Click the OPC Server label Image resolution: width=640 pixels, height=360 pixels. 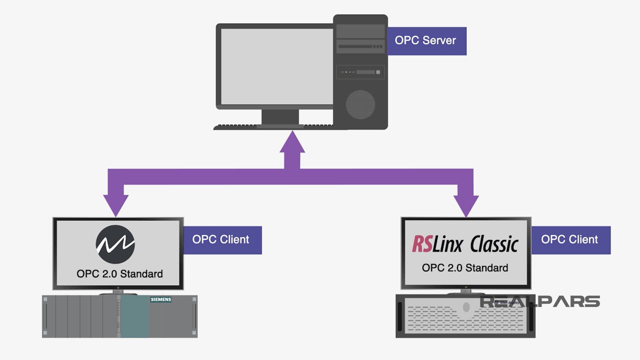[426, 40]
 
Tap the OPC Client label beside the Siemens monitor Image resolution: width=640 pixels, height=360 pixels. [221, 239]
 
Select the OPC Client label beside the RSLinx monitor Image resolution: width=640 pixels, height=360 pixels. [570, 239]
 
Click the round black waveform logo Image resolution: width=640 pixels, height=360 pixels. [115, 244]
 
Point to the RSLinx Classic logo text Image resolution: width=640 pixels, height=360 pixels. [465, 244]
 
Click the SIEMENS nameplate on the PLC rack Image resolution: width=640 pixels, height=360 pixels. [161, 299]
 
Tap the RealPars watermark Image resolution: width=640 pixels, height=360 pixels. [540, 301]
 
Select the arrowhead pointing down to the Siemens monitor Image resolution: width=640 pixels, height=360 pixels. [115, 205]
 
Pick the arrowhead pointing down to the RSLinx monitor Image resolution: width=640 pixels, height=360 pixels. [465, 205]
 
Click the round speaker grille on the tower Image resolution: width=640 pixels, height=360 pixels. [360, 104]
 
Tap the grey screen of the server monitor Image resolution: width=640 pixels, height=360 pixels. [276, 66]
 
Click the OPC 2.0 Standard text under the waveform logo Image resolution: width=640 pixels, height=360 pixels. [119, 274]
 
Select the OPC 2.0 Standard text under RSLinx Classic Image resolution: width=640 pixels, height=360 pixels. [465, 268]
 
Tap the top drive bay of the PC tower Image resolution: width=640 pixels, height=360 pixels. [360, 31]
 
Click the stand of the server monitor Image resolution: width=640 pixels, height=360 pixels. [280, 117]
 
